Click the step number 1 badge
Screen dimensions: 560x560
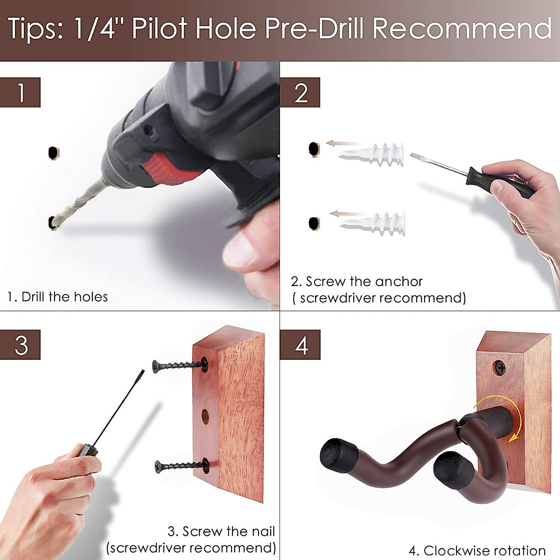pos(20,92)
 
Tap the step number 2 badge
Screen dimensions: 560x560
pos(300,92)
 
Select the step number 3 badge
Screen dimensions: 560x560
pos(20,345)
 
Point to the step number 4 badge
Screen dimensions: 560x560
pos(300,345)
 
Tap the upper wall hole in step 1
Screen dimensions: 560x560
pos(54,153)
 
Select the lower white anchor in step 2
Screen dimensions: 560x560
pos(373,224)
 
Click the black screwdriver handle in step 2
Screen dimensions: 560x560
pos(500,182)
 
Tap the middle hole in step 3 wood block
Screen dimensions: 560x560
pos(205,416)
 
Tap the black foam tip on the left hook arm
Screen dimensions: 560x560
pos(338,455)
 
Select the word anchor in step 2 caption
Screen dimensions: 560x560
pos(399,281)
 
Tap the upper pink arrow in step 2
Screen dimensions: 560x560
pos(343,143)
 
